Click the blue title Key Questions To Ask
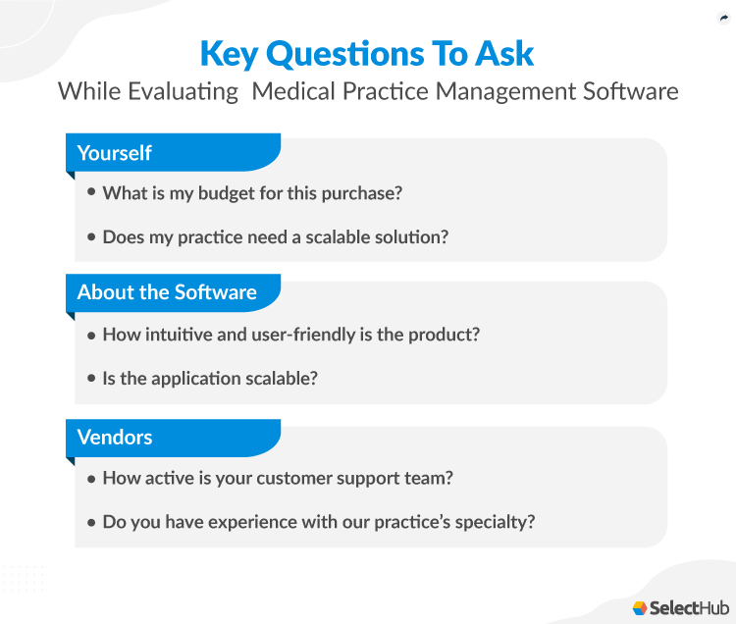point(367,53)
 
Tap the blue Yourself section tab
point(114,153)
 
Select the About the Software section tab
point(167,292)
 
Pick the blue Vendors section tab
point(115,437)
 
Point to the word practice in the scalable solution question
point(215,237)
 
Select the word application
point(190,379)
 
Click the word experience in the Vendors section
point(234,522)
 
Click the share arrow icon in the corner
point(723,17)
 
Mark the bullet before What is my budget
point(91,193)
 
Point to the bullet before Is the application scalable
point(91,379)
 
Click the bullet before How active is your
point(91,479)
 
